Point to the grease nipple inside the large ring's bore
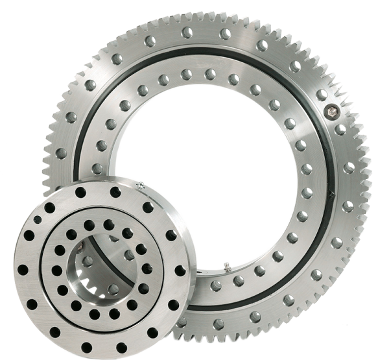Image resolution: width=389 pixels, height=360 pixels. coord(227,265)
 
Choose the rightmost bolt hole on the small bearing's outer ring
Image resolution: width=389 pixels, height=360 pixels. coord(180,270)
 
